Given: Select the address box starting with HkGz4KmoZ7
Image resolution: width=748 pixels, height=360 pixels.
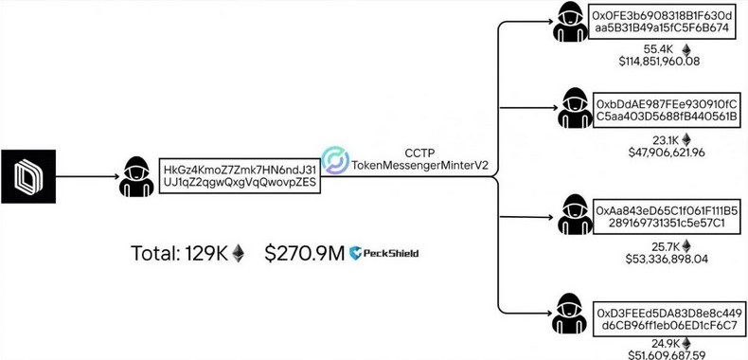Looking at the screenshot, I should pos(240,175).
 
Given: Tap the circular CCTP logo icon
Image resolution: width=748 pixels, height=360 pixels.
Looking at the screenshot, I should pos(335,160).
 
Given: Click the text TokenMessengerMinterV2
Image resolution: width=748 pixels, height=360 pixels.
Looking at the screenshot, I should pos(419,165).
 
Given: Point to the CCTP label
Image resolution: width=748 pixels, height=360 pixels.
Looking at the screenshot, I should pos(419,152).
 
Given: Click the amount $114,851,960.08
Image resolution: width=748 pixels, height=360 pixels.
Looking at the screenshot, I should pos(659,62).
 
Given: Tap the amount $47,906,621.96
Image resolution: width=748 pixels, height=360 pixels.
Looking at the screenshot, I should pos(659,153).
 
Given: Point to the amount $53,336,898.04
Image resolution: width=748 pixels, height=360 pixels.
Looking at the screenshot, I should pos(659,259).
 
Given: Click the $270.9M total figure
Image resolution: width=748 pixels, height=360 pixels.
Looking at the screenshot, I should pos(303,253).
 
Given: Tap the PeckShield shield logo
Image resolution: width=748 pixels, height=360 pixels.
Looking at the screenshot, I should pos(357,253).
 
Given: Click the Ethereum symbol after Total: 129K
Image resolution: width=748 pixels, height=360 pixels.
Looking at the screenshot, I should pos(239,253).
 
